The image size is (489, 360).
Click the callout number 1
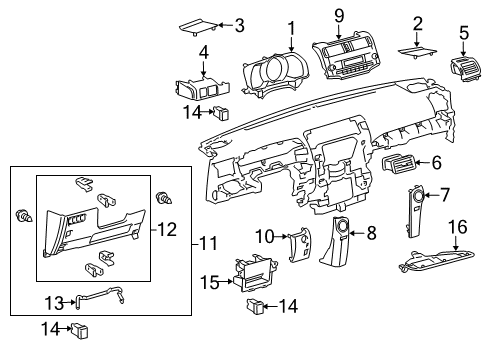pyautogui.click(x=291, y=27)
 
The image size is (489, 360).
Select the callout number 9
pyautogui.click(x=339, y=15)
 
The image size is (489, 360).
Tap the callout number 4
pyautogui.click(x=203, y=50)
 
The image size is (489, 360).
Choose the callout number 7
pyautogui.click(x=447, y=193)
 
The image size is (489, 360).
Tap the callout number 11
pyautogui.click(x=207, y=244)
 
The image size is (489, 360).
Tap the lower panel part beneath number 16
pyautogui.click(x=437, y=263)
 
